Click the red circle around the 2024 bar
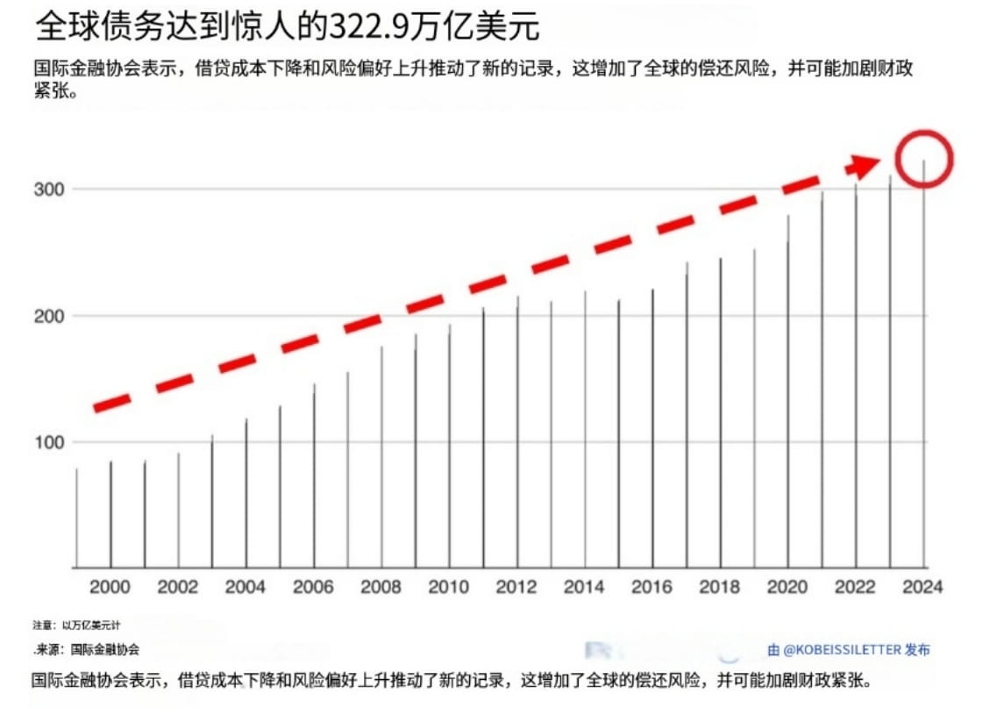coord(924,158)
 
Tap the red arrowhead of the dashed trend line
coord(866,166)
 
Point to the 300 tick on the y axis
coord(49,190)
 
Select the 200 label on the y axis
coord(49,316)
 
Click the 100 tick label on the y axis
coord(49,442)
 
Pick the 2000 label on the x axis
coord(110,588)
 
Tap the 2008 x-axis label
coord(381,588)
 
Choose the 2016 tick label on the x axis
coord(652,588)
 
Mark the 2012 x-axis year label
coord(516,588)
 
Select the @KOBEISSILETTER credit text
coord(848,650)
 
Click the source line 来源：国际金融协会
coord(88,650)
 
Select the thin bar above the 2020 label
coord(787,395)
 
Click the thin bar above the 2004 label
coord(246,496)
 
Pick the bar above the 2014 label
coord(585,430)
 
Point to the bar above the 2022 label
coord(856,377)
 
